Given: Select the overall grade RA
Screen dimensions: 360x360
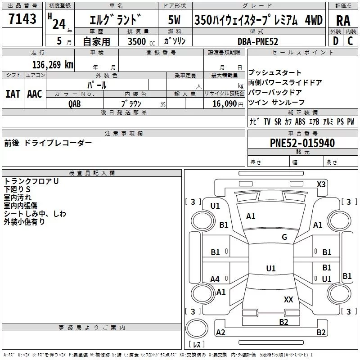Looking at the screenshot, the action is click(343, 21).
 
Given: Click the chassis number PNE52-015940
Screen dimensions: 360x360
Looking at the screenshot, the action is click(302, 143).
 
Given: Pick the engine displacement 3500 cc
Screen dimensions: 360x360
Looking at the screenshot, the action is click(139, 41).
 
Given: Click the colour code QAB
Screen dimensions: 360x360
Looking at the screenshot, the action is click(75, 103).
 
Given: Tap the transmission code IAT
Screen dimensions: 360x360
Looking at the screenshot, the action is click(13, 94).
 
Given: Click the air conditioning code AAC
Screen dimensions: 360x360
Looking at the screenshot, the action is click(35, 94).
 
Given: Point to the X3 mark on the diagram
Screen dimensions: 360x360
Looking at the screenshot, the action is click(321, 184).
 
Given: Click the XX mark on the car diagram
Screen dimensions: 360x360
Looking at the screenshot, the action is click(288, 299).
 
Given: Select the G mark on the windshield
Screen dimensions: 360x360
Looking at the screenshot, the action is click(284, 237).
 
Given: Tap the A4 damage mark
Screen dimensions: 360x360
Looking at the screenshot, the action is click(215, 279).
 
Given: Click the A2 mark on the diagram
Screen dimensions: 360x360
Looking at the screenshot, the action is click(220, 333).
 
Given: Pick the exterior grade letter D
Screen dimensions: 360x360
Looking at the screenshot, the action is click(335, 41).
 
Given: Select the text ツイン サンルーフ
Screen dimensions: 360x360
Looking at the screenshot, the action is click(277, 103).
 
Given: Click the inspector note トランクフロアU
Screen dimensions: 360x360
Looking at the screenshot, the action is click(31, 181).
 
